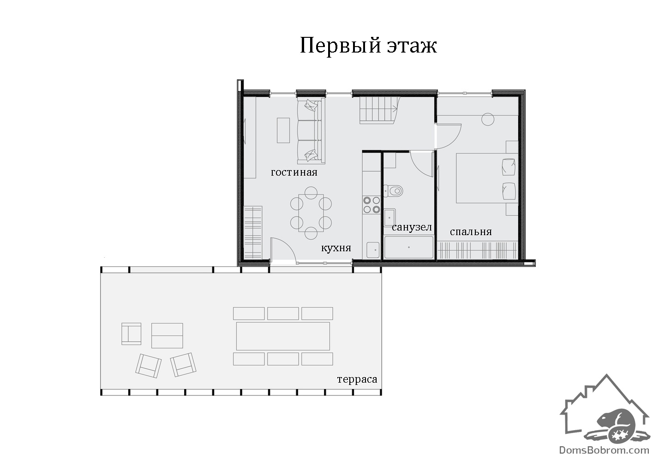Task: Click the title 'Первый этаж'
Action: (368, 46)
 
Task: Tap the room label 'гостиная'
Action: (294, 172)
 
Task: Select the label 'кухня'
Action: (336, 248)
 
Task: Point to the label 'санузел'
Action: (412, 227)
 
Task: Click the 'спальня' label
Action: (471, 232)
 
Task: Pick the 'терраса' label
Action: (357, 379)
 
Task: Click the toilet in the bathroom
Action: (393, 191)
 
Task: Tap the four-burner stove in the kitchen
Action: (371, 205)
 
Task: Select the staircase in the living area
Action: (379, 110)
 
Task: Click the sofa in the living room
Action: (311, 130)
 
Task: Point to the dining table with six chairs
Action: (311, 213)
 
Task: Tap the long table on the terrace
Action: (283, 336)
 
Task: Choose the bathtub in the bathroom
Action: (409, 247)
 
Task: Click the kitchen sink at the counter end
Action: (373, 250)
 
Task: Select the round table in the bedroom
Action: (487, 119)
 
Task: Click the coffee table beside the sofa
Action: (283, 130)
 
